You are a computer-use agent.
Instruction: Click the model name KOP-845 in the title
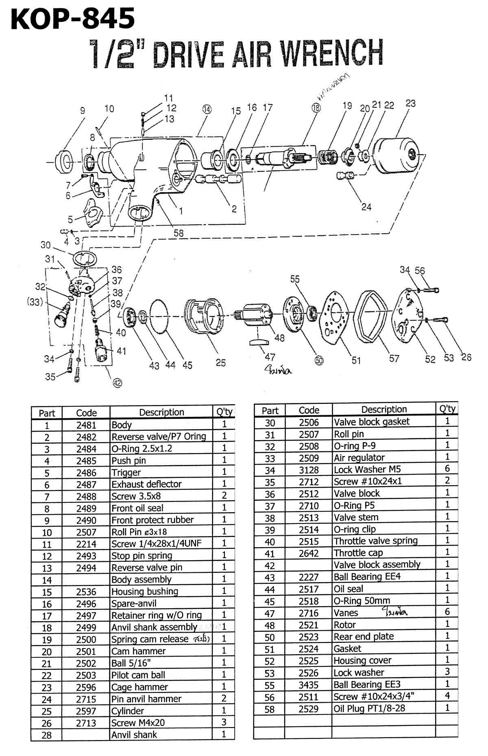(x=73, y=19)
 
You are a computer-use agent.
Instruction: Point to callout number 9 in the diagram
(x=83, y=110)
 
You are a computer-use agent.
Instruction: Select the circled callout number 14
(x=207, y=109)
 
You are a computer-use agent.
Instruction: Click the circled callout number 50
(x=319, y=360)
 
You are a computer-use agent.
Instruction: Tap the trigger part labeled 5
(x=91, y=213)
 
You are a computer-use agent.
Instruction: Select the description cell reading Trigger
(x=126, y=473)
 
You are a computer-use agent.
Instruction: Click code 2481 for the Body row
(x=86, y=425)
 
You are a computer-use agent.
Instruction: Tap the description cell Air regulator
(x=359, y=458)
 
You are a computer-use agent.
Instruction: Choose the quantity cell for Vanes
(x=447, y=612)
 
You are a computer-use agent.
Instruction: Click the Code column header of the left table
(x=86, y=413)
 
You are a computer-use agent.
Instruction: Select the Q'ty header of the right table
(x=447, y=409)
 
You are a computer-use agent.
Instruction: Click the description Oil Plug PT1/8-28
(x=369, y=708)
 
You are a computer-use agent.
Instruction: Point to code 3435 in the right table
(x=309, y=685)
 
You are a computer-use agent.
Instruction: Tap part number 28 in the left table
(x=47, y=735)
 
